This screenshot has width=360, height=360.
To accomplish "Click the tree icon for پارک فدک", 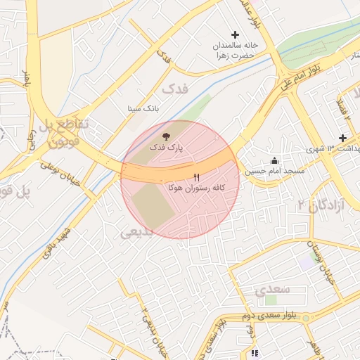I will click(166, 136).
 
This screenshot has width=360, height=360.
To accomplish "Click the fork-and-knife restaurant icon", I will click(196, 176).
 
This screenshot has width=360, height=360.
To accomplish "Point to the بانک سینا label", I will click(143, 109).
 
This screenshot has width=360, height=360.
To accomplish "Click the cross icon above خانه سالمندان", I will click(236, 34).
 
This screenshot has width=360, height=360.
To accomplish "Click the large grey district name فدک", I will click(175, 89).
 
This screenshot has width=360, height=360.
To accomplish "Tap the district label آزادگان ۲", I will click(319, 204).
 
